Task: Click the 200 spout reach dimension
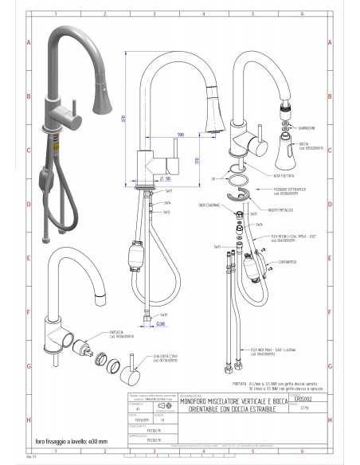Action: click(181, 134)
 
